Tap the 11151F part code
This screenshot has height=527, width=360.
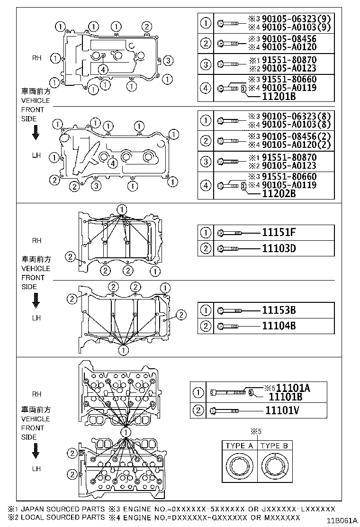coord(279,232)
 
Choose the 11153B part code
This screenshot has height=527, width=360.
coord(279,310)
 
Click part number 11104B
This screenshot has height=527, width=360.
coord(279,326)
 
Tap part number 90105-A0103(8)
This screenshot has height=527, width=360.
coord(295,124)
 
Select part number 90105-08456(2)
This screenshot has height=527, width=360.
coord(295,136)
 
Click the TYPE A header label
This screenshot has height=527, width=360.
coord(239,445)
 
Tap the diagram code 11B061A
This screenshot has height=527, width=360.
coord(341,520)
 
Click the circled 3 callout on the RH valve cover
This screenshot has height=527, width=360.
coord(169,60)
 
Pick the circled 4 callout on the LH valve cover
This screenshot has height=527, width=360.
coord(112,164)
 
